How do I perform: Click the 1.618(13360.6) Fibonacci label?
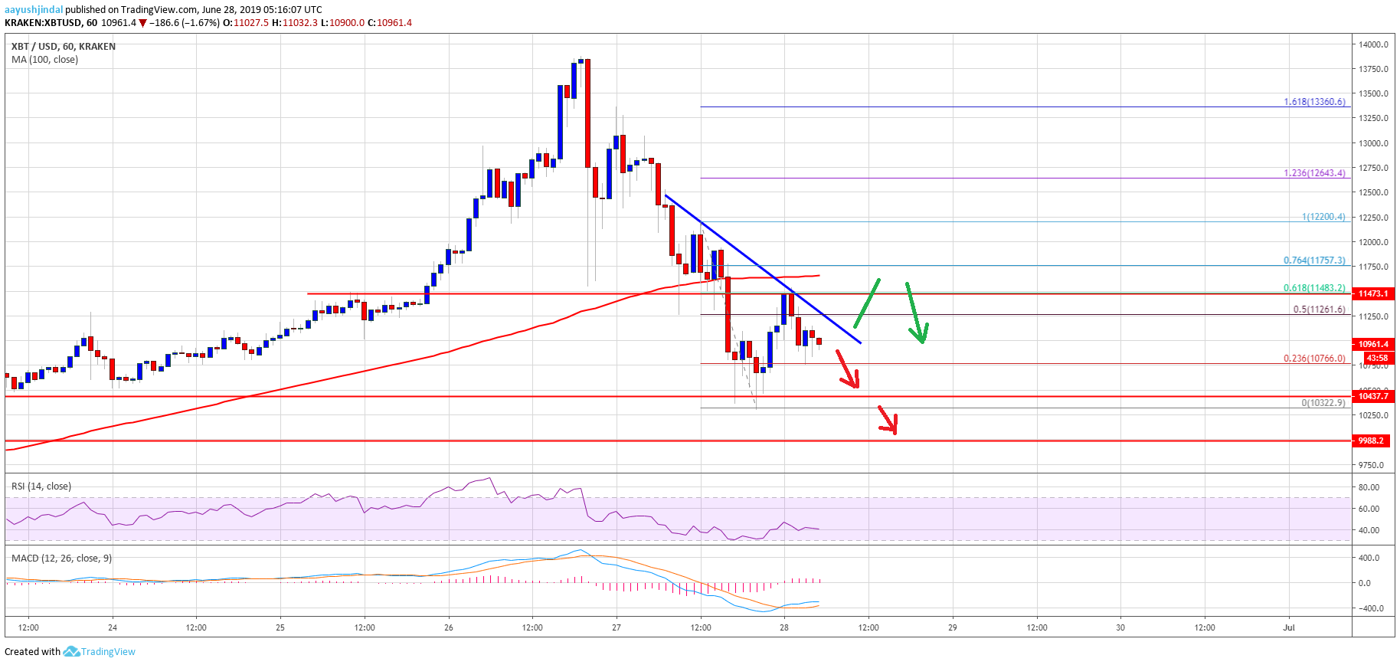1314,101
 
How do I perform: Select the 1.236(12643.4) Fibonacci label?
1314,172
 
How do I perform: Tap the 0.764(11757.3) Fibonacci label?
1314,260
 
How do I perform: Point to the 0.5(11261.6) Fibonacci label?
1319,310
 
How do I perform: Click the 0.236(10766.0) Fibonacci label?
1314,358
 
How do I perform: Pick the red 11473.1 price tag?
1373,293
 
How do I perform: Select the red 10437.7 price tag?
1373,396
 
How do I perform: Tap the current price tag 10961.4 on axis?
1373,344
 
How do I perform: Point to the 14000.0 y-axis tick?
1373,44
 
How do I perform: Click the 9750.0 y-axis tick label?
1372,465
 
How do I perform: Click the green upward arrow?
867,303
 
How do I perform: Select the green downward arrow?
917,313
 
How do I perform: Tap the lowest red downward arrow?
888,421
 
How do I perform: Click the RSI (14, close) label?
41,486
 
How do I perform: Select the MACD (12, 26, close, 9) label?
61,558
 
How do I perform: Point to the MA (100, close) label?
44,59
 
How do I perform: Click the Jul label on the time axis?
1289,627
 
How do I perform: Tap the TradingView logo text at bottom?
108,652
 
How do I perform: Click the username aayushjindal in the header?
34,10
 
